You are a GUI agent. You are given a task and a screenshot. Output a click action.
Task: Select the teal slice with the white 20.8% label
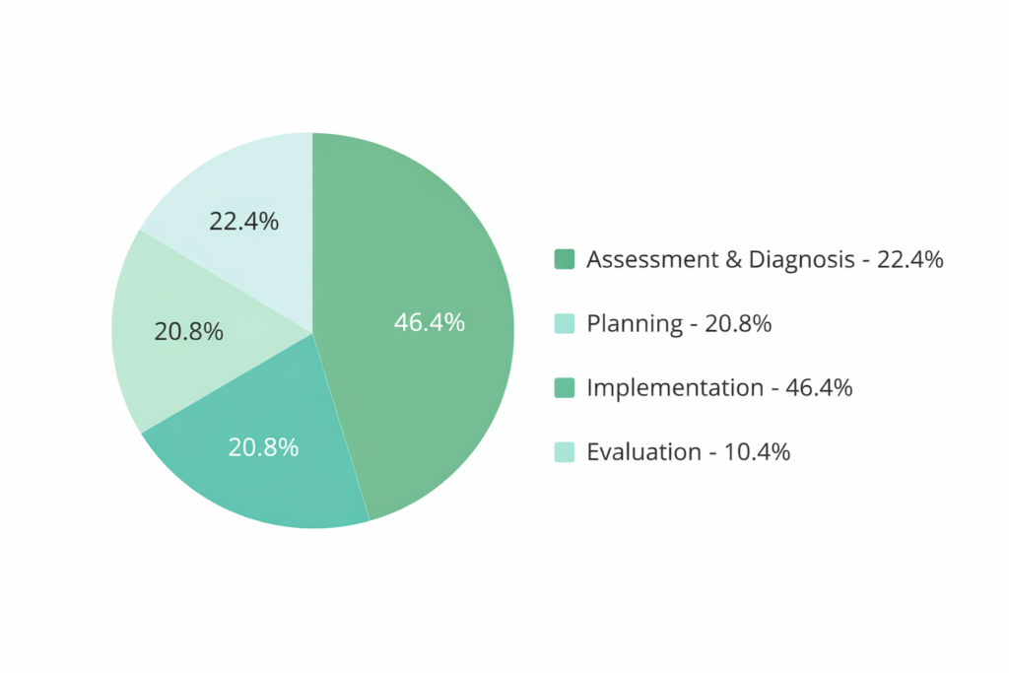(286, 473)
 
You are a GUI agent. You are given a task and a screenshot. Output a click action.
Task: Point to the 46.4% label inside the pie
(429, 321)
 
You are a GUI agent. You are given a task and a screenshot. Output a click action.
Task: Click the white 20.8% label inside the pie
(263, 447)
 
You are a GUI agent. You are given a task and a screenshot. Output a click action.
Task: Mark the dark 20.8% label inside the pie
(189, 332)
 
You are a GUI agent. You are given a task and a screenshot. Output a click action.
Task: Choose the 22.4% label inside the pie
(243, 222)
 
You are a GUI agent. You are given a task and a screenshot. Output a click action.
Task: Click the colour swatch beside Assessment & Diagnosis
(564, 260)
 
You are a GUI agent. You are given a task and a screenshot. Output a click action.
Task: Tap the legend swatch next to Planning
(564, 324)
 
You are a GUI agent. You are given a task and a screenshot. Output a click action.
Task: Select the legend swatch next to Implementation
(564, 388)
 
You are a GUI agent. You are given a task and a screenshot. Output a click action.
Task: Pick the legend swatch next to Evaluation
(564, 452)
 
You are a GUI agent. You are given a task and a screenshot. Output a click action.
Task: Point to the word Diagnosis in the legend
(800, 260)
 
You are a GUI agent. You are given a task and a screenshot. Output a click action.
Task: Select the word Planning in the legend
(635, 324)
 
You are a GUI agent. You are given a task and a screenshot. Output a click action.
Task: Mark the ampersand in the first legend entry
(729, 260)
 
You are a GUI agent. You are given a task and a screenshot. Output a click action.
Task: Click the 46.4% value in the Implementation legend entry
(819, 388)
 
